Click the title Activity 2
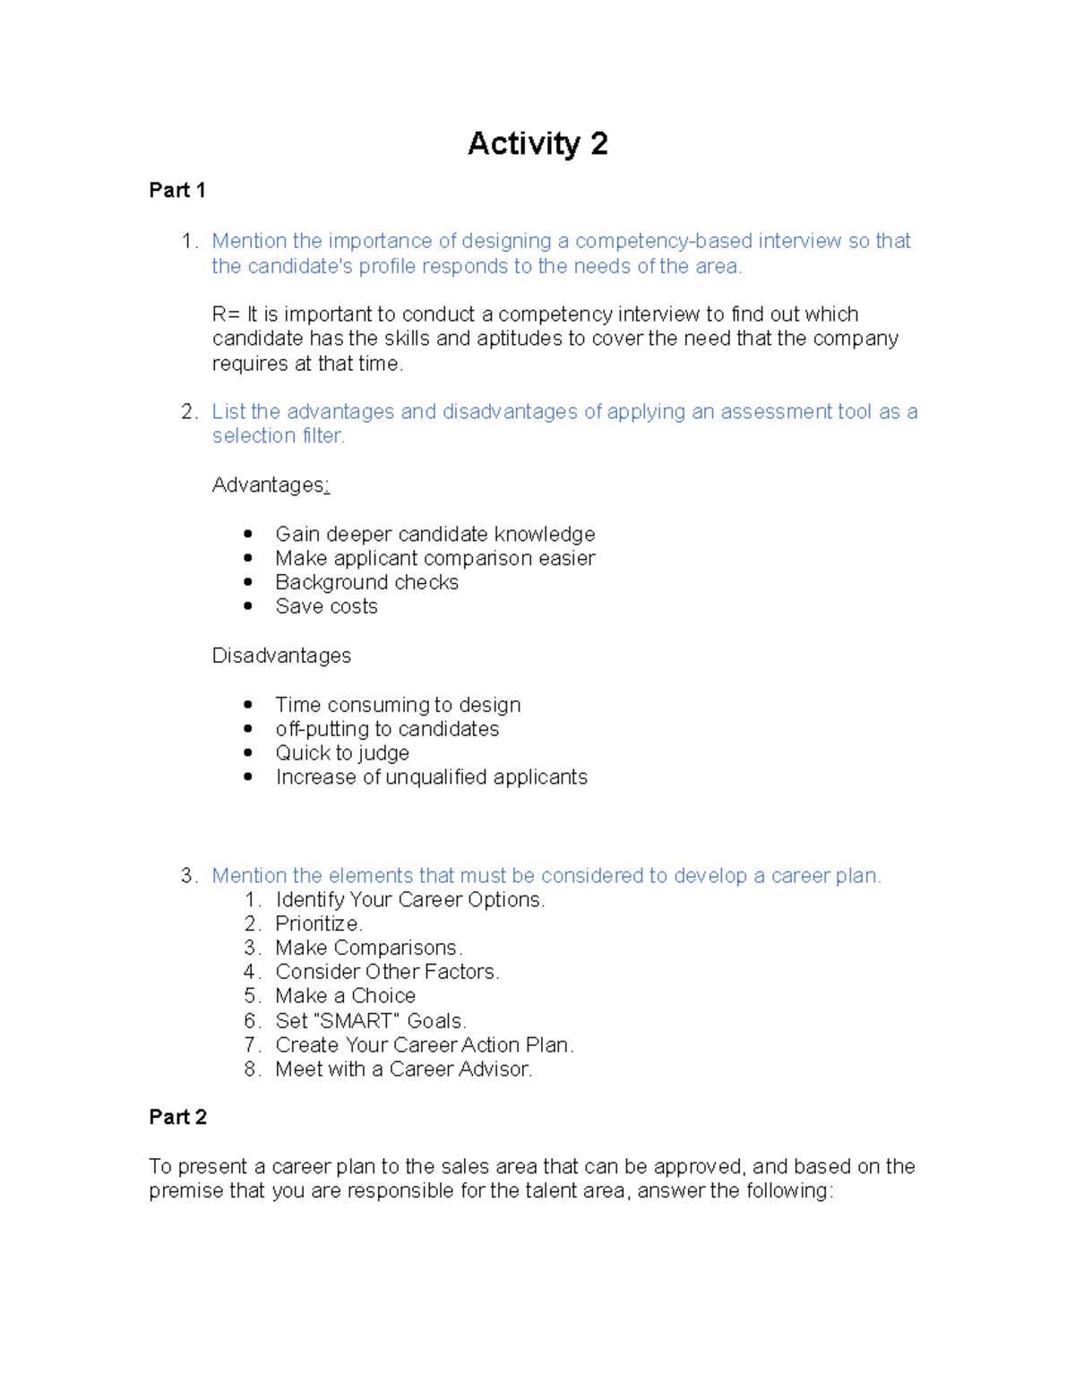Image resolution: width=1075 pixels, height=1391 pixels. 537,144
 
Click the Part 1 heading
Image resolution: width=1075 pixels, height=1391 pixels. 177,191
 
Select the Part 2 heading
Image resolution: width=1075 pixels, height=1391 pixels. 177,1117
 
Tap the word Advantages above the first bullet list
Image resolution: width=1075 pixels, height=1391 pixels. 268,485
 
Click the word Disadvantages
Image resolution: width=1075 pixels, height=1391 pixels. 281,656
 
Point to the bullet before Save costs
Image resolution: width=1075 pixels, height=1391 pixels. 248,606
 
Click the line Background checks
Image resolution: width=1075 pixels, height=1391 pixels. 366,582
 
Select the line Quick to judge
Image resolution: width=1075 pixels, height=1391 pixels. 342,753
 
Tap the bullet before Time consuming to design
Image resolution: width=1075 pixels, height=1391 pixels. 248,705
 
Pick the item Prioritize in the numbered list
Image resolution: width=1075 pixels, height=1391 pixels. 318,923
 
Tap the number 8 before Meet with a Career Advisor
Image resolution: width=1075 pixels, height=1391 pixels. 251,1069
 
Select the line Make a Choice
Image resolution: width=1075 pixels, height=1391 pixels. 345,996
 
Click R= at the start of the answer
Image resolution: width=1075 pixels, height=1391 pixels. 226,314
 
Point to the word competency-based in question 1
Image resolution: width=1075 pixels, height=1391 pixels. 664,241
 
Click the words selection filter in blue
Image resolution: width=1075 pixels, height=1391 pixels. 278,436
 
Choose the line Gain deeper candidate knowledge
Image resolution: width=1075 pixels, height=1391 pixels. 434,535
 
